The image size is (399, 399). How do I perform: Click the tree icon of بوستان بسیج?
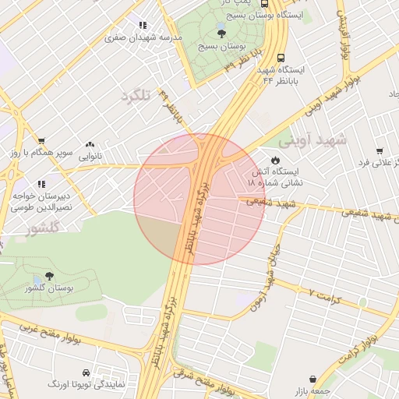tap(221, 32)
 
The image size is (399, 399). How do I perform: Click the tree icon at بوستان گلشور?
tap(50, 277)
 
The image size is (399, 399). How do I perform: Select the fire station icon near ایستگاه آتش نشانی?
tap(276, 160)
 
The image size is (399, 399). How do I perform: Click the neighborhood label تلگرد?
tap(134, 96)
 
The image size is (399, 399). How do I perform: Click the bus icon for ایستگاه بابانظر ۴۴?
tap(281, 57)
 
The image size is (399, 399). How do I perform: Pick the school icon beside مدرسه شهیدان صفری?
tap(142, 23)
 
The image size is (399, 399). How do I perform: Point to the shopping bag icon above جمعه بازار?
tap(312, 379)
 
